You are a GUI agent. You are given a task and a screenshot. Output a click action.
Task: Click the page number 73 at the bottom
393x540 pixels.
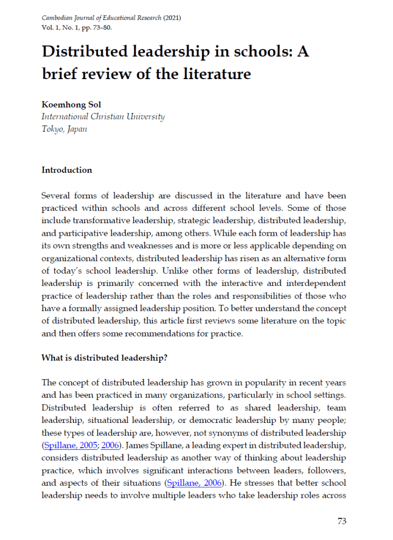click(x=342, y=521)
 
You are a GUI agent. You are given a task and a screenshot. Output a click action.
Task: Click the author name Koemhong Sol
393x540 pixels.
click(x=69, y=104)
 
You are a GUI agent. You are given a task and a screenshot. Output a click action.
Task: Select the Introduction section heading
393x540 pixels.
click(x=66, y=170)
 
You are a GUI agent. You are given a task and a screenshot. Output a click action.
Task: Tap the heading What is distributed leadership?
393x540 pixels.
click(x=104, y=357)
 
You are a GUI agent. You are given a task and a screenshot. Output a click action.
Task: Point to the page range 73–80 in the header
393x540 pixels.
click(x=100, y=27)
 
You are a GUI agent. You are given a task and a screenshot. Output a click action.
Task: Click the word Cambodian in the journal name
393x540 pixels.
click(x=59, y=18)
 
